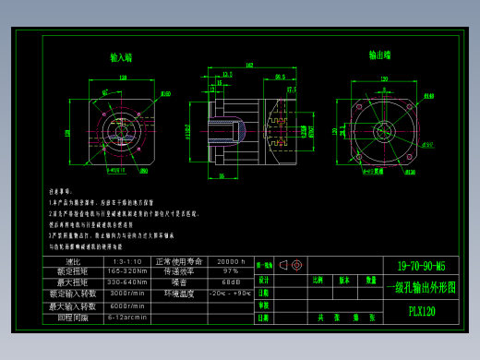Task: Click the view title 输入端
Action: pos(121,57)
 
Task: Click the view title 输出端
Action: pos(379,55)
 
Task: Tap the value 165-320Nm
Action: pos(126,271)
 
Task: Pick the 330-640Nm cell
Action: pos(126,282)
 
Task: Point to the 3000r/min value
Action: pos(126,294)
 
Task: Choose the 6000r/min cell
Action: pos(126,306)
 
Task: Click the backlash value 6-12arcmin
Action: pos(126,317)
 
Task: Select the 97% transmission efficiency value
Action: pos(230,271)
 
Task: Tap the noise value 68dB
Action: pos(230,282)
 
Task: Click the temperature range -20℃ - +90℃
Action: pos(230,294)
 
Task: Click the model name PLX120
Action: pos(421,311)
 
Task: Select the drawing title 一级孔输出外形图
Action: pos(420,287)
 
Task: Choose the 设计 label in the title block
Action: pos(263,279)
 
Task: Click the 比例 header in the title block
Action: pos(318,279)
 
